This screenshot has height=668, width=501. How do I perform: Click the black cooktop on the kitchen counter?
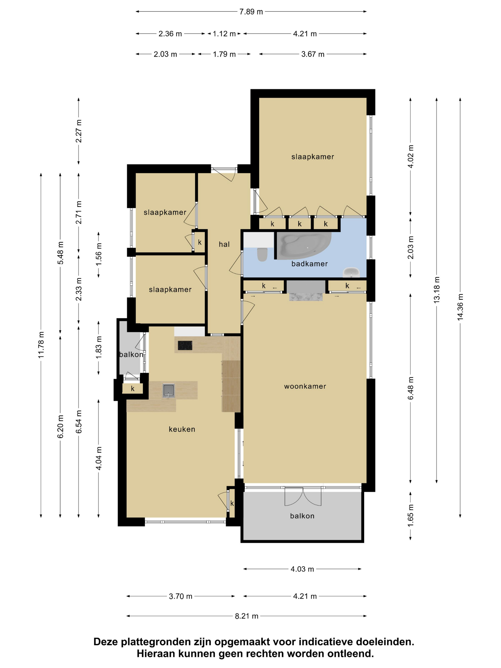[185, 345]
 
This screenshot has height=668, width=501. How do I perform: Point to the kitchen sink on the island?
[168, 391]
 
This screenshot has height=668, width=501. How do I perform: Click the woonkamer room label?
[305, 386]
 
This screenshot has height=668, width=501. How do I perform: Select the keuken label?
[182, 429]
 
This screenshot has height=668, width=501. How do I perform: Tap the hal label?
[224, 244]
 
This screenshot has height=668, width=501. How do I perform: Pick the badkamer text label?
[309, 264]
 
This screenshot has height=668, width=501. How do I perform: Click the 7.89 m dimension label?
[251, 12]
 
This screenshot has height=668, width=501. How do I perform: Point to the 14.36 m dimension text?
[460, 307]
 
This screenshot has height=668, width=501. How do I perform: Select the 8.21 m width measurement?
[247, 616]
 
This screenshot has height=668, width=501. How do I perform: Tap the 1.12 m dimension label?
[224, 34]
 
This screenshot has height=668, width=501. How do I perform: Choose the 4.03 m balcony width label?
[302, 569]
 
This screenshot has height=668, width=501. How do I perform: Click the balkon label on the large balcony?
[302, 516]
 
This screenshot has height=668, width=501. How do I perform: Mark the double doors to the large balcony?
[303, 496]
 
